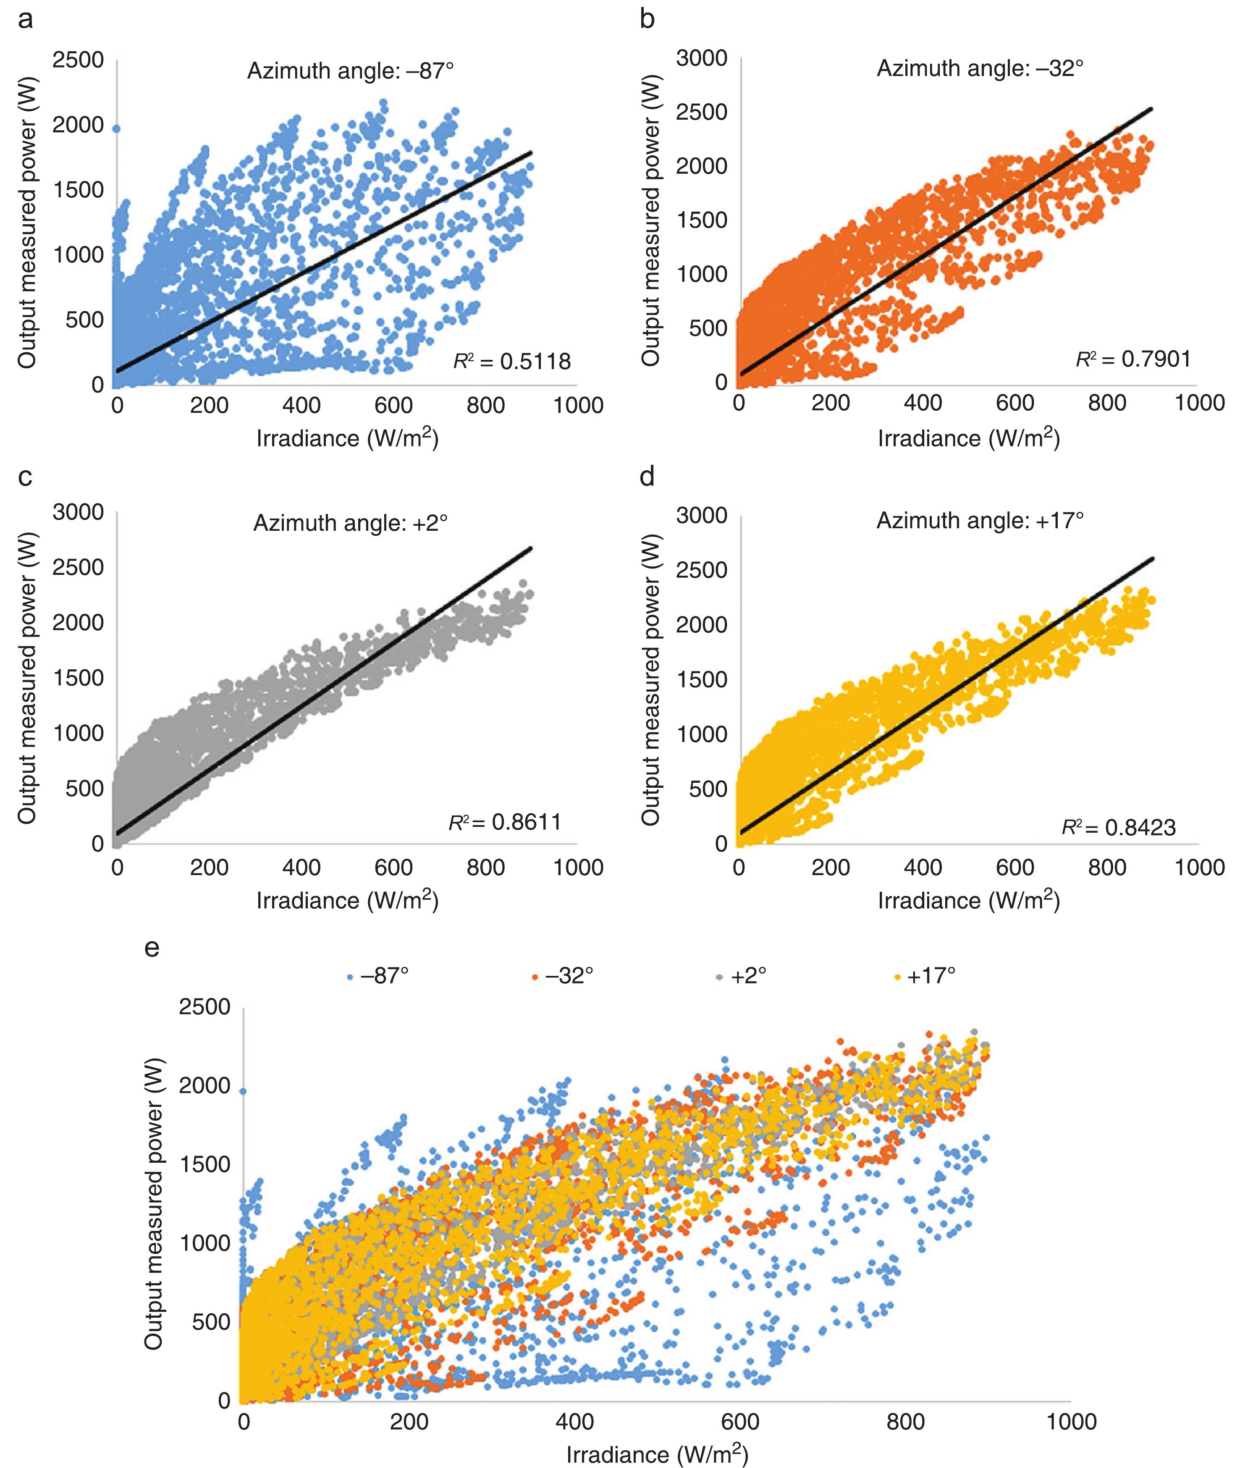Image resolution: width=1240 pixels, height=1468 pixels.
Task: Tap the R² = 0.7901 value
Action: pos(1133,359)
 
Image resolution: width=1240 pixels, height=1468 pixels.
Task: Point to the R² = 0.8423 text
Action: pos(1118,828)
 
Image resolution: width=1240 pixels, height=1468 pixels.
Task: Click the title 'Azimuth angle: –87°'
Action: pos(350,71)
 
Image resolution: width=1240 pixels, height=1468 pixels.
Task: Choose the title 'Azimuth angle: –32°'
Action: pos(980,68)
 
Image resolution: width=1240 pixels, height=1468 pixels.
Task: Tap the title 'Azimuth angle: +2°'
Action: pos(350,523)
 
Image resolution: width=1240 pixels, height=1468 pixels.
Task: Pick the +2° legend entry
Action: pos(742,976)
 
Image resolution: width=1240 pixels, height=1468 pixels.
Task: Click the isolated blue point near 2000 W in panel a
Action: pos(116,128)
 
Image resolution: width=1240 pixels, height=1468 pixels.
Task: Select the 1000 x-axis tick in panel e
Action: pos(1071,1421)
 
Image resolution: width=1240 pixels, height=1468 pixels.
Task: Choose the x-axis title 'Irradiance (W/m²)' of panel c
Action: pos(347,901)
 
